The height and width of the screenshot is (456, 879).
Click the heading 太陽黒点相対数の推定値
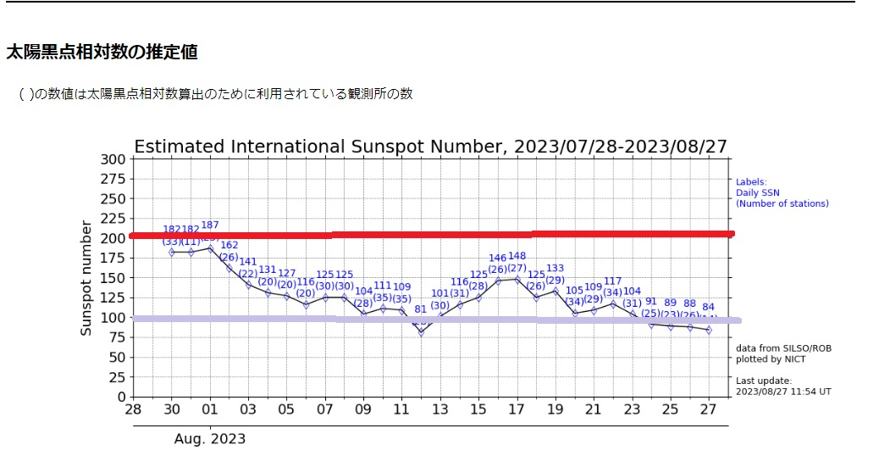click(x=102, y=53)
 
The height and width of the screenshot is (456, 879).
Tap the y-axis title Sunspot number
click(x=86, y=278)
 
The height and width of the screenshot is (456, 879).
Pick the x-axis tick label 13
click(x=440, y=410)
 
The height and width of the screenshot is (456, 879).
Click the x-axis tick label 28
click(x=133, y=410)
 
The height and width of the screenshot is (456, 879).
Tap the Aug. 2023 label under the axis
click(x=210, y=438)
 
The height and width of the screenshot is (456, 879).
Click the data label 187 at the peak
click(x=210, y=225)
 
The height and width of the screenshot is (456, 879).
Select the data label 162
click(x=229, y=246)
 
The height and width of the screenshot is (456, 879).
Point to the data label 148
click(x=517, y=257)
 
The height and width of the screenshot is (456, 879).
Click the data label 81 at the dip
click(x=420, y=309)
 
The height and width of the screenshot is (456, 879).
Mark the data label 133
click(x=555, y=269)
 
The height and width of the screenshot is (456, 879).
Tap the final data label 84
click(x=709, y=307)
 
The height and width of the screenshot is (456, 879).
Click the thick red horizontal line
click(x=432, y=234)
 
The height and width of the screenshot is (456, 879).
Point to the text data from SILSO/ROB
click(x=771, y=348)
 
